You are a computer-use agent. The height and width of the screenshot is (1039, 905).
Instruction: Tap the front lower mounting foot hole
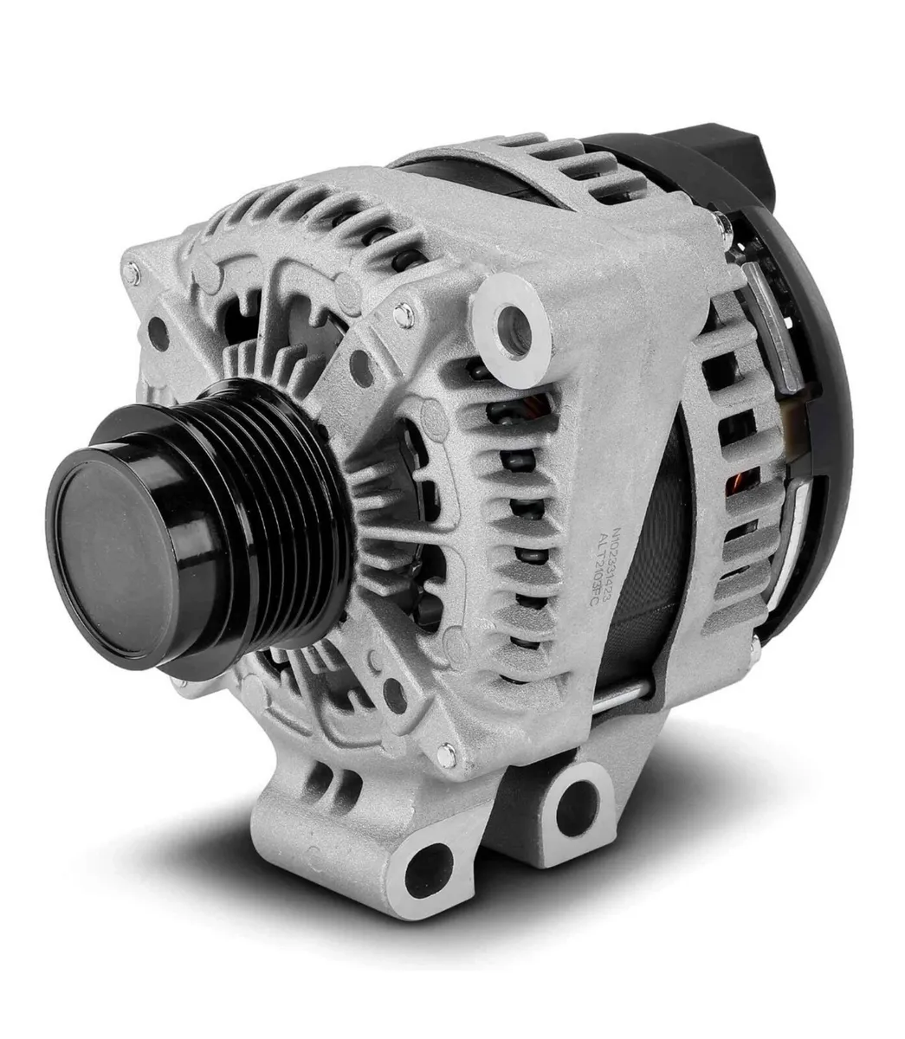(x=423, y=866)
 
